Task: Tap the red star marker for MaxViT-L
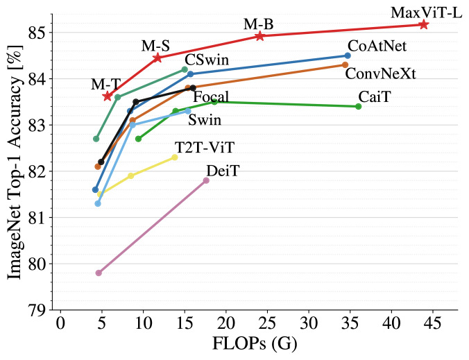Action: pos(423,24)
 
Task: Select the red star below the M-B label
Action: pos(260,35)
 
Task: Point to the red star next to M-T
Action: pos(108,96)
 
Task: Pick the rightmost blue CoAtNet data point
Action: pos(348,55)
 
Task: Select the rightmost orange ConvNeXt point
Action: pos(345,65)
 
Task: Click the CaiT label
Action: pos(374,97)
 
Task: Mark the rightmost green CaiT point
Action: pos(358,106)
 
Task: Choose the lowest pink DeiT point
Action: pos(99,273)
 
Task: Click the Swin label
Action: pos(205,121)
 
